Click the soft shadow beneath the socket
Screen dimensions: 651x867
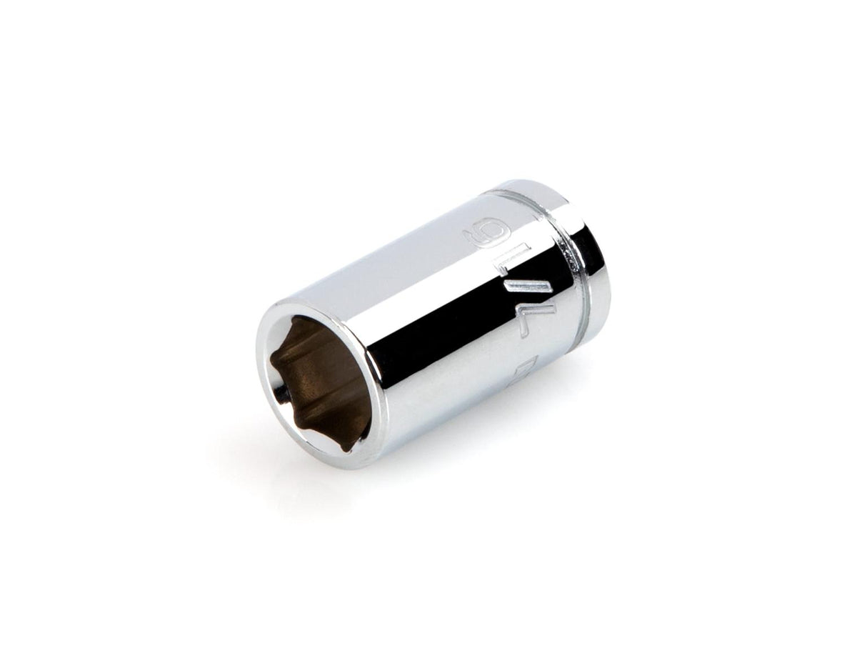pos(429,457)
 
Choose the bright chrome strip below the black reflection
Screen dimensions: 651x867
pos(457,400)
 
